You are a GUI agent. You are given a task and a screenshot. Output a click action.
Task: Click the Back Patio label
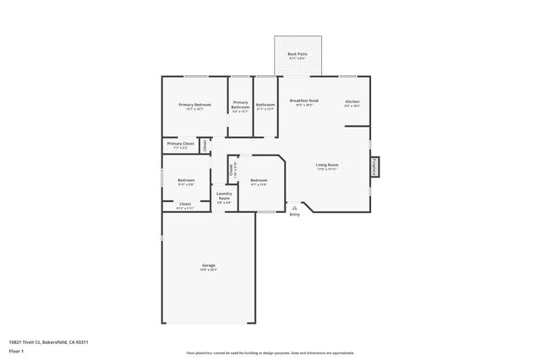[x=297, y=53]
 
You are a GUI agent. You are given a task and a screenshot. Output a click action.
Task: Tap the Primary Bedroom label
[x=194, y=105]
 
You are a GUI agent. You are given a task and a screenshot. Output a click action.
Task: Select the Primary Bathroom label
[x=240, y=105]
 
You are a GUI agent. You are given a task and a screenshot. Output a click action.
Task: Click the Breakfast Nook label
[x=303, y=101]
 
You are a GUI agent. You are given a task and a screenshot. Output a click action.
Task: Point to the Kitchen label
[x=352, y=101]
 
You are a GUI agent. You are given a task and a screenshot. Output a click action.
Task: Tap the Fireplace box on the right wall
[x=374, y=168]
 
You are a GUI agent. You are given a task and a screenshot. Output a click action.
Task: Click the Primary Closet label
[x=180, y=145]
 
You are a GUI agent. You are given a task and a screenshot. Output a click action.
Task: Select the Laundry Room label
[x=224, y=197]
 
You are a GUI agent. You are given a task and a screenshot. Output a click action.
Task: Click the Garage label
[x=208, y=265]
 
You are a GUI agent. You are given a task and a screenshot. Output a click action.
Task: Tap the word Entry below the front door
[x=294, y=215]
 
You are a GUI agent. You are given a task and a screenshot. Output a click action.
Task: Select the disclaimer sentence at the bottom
[x=270, y=353]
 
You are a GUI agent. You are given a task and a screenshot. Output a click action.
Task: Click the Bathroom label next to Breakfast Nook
[x=265, y=105]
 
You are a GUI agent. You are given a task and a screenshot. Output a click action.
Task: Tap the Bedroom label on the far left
[x=186, y=180]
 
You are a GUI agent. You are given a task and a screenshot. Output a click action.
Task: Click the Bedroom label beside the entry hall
[x=259, y=180]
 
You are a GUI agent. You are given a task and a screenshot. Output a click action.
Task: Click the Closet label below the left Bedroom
[x=184, y=204]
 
